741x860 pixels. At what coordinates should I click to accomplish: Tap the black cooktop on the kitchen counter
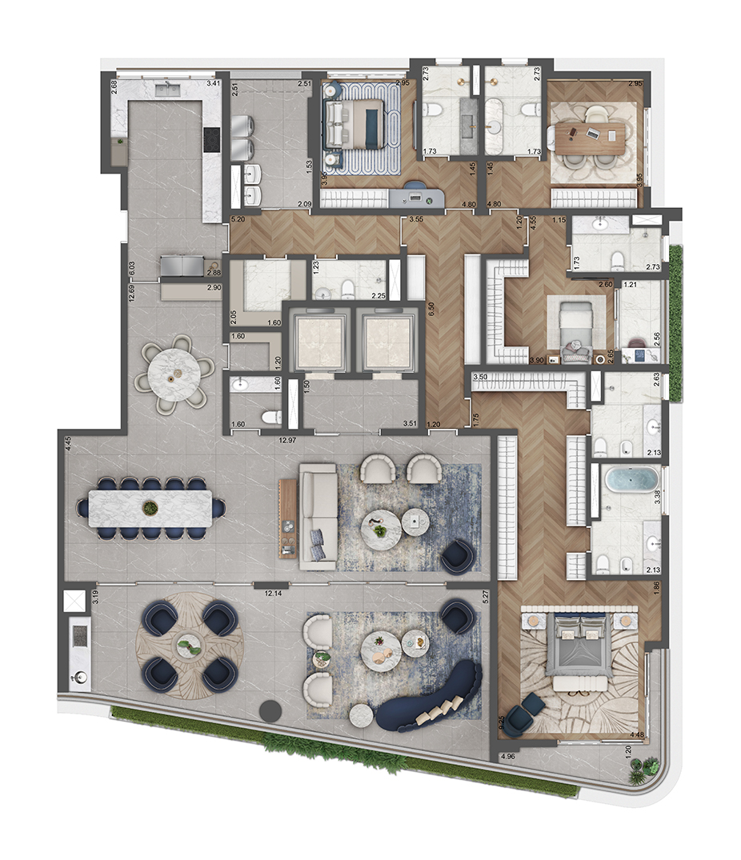pos(211,139)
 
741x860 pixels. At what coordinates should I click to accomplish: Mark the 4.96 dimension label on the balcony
pos(507,755)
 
